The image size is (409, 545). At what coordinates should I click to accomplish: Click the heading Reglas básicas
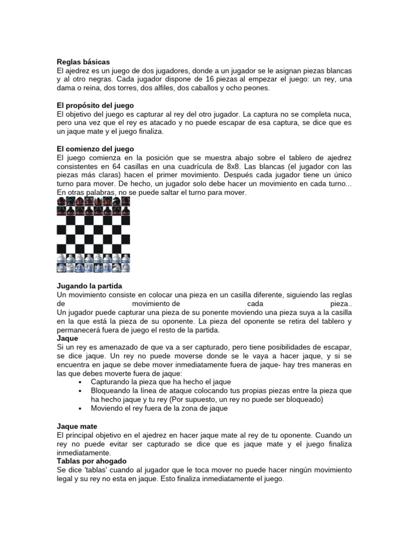point(83,62)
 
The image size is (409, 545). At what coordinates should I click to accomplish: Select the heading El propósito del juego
point(95,105)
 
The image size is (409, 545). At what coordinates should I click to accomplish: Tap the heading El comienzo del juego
point(95,148)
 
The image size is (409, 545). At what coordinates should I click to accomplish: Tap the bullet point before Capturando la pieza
point(79,382)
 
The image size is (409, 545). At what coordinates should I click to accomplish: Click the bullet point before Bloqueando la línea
point(79,391)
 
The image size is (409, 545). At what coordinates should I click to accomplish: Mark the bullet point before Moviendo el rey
point(79,408)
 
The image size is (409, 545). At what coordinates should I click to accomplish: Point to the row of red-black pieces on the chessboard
point(93,202)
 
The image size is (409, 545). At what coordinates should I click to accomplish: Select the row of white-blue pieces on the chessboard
point(93,262)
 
